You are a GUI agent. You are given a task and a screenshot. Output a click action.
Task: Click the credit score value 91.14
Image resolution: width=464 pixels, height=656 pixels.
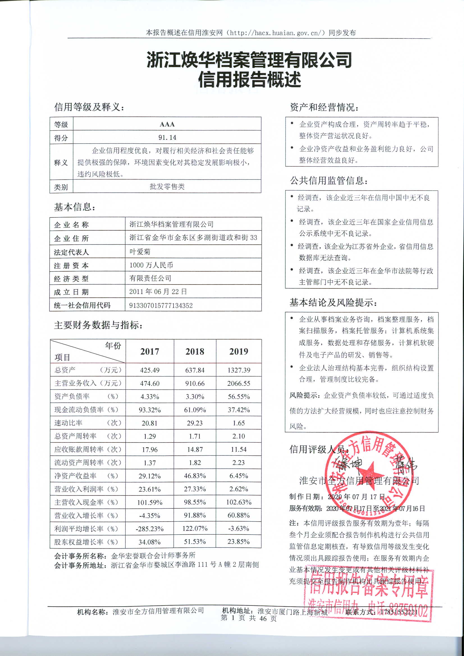point(167,137)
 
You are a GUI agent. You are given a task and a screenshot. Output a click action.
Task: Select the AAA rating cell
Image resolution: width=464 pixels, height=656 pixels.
point(167,124)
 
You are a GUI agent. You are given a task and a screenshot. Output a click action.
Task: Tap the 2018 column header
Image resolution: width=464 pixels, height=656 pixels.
point(195,351)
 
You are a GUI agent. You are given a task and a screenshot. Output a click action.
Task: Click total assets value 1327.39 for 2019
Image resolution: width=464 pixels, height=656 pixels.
point(239,370)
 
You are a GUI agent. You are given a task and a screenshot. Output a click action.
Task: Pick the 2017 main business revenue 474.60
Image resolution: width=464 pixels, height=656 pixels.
point(150,384)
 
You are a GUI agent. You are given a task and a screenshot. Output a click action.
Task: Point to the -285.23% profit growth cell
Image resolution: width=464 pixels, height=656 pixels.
point(150,529)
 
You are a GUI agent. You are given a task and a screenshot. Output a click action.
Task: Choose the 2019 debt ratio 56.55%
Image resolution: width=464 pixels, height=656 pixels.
point(239,396)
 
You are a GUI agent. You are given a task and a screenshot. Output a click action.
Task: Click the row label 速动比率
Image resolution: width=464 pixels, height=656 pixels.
point(68,423)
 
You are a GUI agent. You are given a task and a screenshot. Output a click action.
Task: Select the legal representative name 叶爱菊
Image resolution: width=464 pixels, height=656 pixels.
point(140,252)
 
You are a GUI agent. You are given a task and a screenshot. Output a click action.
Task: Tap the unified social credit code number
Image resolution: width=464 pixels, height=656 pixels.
point(161,306)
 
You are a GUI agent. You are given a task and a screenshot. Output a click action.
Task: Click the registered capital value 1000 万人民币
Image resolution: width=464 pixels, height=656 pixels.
point(151,265)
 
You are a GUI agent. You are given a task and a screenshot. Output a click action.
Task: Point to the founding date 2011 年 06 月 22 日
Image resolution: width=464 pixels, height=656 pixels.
point(158,292)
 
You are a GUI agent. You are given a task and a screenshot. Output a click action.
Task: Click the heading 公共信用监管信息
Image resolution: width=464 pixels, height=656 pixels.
point(329,181)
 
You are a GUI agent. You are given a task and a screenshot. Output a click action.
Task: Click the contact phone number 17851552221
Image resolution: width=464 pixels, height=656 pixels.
point(399,612)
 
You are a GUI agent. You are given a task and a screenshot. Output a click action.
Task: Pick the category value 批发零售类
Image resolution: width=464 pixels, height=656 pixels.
point(167,187)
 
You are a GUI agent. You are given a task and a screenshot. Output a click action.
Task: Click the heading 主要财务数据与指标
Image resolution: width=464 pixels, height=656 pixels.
point(98,325)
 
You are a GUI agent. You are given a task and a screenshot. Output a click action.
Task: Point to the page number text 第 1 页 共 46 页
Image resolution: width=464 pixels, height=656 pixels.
point(249,618)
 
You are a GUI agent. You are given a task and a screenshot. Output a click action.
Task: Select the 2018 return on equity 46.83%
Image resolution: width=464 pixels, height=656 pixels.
point(195,476)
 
